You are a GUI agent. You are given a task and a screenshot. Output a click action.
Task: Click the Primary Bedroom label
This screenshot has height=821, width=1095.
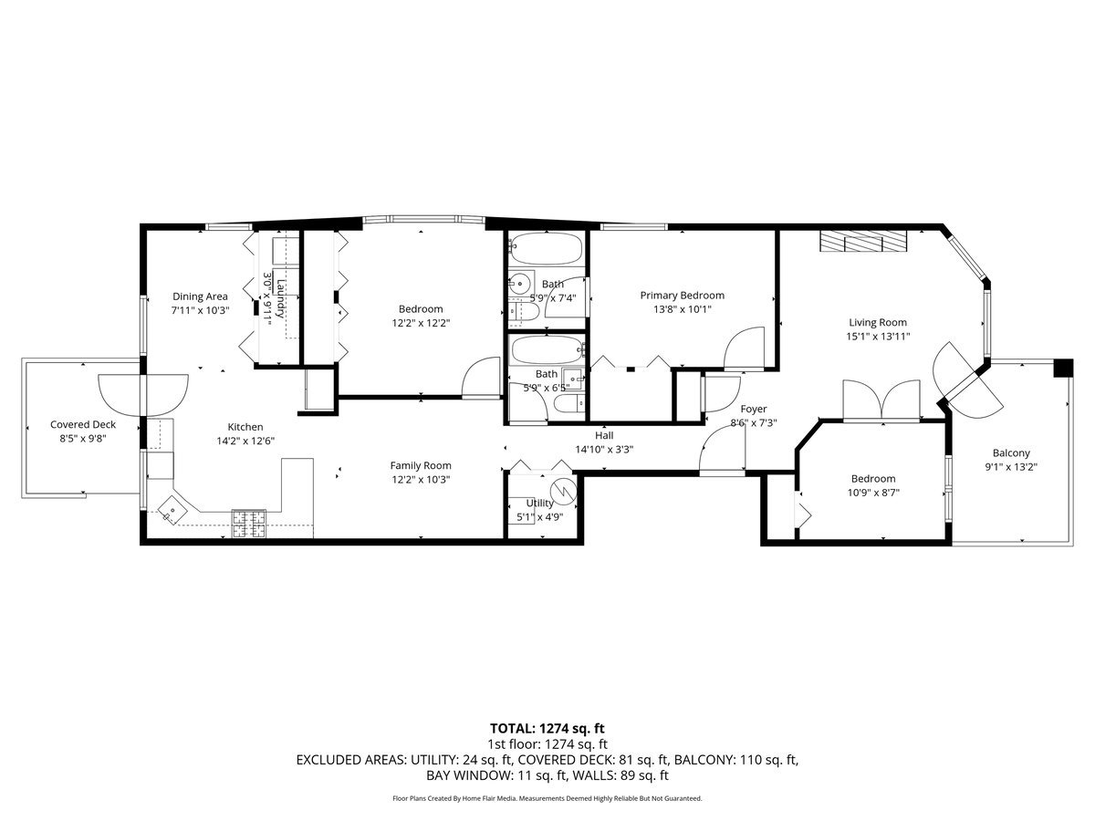point(682,295)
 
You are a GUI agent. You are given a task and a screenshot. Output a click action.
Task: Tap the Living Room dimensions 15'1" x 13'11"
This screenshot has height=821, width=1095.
point(878,337)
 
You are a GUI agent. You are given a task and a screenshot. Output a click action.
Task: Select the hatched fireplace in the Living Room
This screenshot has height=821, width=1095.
point(863,241)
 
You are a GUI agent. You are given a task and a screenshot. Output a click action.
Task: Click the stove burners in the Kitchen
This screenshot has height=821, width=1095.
point(249,524)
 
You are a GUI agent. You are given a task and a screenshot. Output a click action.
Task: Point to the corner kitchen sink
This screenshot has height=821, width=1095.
point(172,509)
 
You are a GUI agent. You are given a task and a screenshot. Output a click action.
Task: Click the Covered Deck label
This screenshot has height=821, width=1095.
point(83,425)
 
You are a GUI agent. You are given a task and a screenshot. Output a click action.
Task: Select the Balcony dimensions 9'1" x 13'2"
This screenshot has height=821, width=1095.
point(1011,467)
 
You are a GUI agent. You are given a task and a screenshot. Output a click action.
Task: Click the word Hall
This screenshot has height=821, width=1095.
point(604,436)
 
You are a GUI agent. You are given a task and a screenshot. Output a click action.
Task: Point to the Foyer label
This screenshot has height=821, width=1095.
point(754,410)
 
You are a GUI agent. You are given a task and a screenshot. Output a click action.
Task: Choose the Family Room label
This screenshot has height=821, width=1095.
point(421,465)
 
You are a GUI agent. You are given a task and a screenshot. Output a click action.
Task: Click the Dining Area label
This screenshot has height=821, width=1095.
point(200,296)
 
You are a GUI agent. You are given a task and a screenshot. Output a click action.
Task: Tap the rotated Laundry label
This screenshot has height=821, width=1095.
point(281,298)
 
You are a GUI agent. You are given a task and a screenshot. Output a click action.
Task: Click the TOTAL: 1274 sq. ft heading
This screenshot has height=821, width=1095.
point(547,728)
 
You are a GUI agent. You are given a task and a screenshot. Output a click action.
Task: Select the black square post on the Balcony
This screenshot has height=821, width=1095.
point(1062,368)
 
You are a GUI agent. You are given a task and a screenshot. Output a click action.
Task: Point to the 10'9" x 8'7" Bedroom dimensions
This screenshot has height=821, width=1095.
point(873,493)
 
